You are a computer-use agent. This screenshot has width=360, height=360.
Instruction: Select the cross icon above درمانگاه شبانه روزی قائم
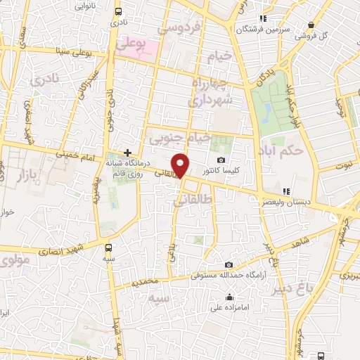[x=127, y=152]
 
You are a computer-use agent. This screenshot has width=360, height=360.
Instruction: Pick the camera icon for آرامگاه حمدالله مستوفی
[x=229, y=264]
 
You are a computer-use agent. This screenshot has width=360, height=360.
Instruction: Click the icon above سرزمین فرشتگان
[x=262, y=18]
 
